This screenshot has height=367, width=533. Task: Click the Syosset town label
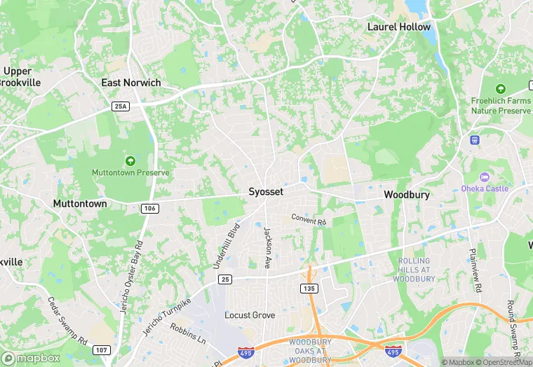266,191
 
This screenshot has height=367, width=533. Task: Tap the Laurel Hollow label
399,27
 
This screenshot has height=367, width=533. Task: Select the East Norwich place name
131,83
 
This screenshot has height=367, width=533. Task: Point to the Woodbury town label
407,195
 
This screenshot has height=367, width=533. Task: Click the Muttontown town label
80,204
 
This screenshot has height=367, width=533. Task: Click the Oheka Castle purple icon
485,178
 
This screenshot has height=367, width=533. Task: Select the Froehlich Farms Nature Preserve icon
500,89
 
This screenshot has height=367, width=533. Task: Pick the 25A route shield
121,106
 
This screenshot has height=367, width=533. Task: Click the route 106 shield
149,208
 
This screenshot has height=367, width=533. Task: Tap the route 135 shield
309,288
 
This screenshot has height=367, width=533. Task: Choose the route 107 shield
102,349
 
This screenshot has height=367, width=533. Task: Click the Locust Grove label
250,315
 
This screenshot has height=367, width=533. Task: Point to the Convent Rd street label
309,220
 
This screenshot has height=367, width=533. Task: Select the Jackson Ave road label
267,248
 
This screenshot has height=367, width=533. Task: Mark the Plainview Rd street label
476,269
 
